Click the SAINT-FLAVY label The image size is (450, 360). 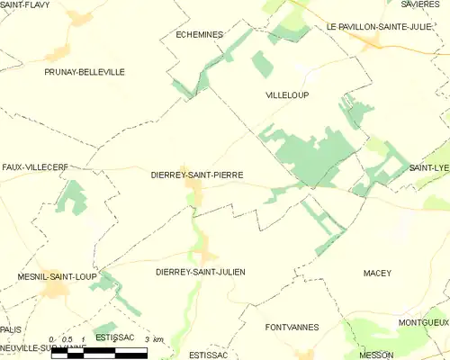(25, 5)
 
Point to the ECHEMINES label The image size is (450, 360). (198, 34)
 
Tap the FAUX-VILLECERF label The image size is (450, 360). (35, 166)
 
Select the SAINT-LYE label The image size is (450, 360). (429, 168)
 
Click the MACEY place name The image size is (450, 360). (377, 272)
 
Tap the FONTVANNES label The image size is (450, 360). (292, 328)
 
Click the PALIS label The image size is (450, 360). (11, 329)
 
